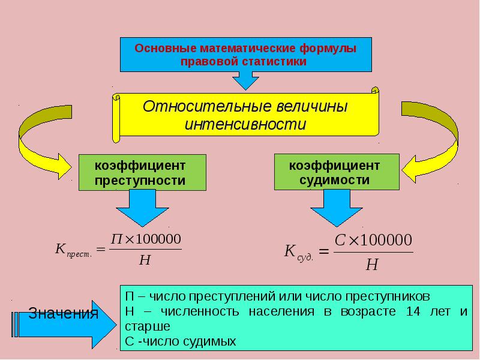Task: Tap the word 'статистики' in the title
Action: click(274, 62)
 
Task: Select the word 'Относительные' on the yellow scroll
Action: click(207, 107)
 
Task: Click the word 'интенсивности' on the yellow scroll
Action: click(245, 125)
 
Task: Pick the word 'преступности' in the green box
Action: click(140, 181)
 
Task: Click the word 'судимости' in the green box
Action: click(334, 179)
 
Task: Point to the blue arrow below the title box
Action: click(245, 80)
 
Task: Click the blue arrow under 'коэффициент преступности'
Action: click(142, 208)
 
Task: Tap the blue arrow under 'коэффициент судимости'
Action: click(337, 208)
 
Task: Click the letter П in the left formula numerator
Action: click(117, 239)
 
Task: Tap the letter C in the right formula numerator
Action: click(340, 241)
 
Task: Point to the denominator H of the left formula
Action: click(145, 260)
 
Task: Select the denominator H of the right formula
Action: click(372, 264)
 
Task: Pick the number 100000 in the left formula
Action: click(158, 239)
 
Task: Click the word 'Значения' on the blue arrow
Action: click(63, 313)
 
